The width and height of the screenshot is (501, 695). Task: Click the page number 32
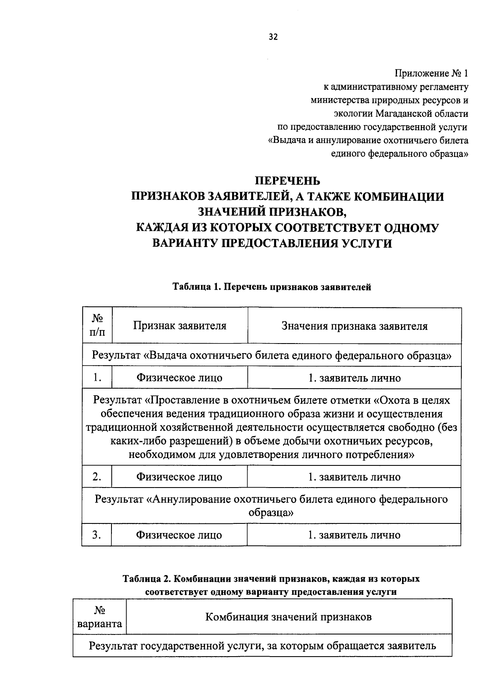pyautogui.click(x=273, y=37)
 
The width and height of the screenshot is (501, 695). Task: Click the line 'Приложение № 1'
pyautogui.click(x=432, y=74)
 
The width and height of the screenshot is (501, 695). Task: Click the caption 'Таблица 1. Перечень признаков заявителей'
pyautogui.click(x=272, y=287)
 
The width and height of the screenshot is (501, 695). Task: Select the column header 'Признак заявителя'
pyautogui.click(x=180, y=326)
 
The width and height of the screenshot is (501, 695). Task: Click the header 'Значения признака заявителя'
pyautogui.click(x=354, y=326)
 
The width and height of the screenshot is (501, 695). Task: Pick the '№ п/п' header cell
pyautogui.click(x=97, y=326)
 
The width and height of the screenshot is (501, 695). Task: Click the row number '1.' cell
pyautogui.click(x=97, y=378)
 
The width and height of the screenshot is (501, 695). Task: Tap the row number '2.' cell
pyautogui.click(x=97, y=477)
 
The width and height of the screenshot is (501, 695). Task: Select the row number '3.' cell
pyautogui.click(x=97, y=535)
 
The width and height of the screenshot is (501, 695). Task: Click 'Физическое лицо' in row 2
pyautogui.click(x=179, y=477)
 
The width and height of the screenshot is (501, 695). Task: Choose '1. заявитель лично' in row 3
pyautogui.click(x=354, y=535)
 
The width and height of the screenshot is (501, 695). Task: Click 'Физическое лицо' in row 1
pyautogui.click(x=179, y=378)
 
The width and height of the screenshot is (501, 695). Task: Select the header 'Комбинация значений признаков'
pyautogui.click(x=288, y=617)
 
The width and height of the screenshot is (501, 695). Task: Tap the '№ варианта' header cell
pyautogui.click(x=100, y=617)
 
